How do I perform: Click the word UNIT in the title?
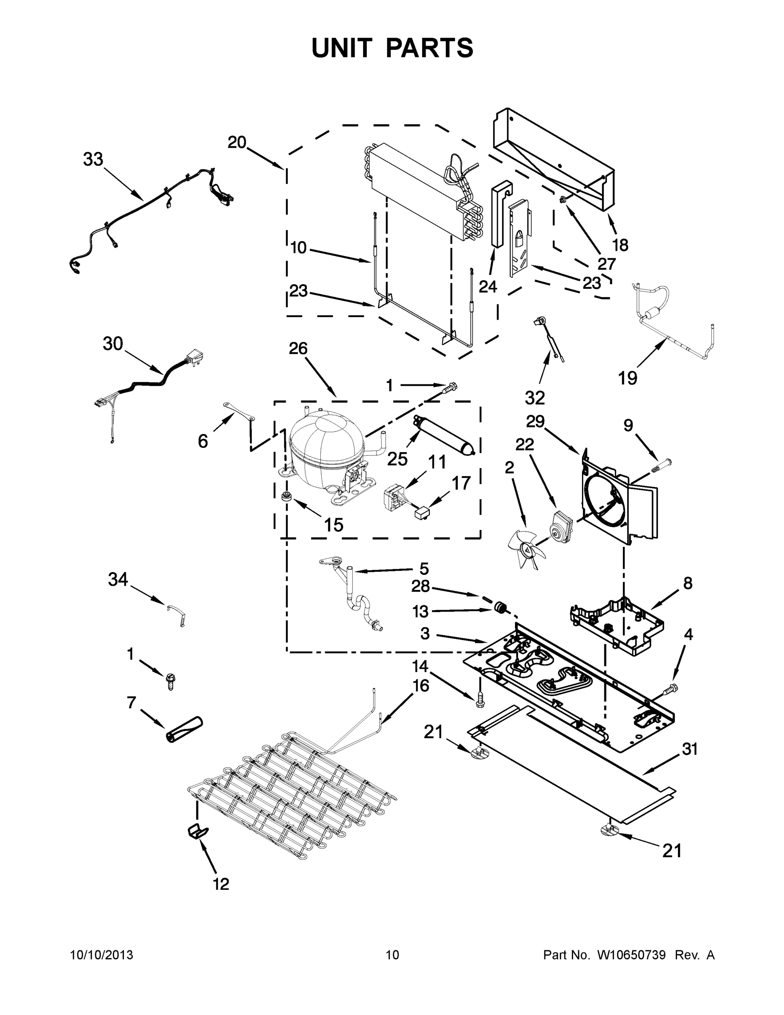point(342,48)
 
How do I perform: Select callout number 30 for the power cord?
point(112,344)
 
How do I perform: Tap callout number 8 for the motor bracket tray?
point(687,583)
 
